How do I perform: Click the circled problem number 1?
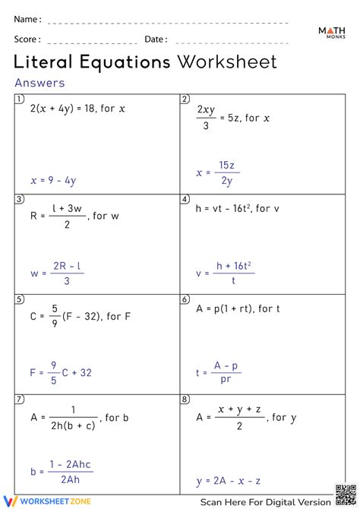[x=18, y=100]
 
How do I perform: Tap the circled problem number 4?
[x=185, y=199]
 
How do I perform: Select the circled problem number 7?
[x=18, y=398]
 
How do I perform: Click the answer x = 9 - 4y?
[x=53, y=181]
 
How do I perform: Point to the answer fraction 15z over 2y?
[x=226, y=173]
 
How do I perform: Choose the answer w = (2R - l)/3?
[x=58, y=273]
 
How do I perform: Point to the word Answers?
[x=39, y=83]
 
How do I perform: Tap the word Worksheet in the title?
[x=227, y=62]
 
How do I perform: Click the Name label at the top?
[x=27, y=19]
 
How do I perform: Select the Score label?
[x=27, y=39]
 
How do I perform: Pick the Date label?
[x=156, y=39]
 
